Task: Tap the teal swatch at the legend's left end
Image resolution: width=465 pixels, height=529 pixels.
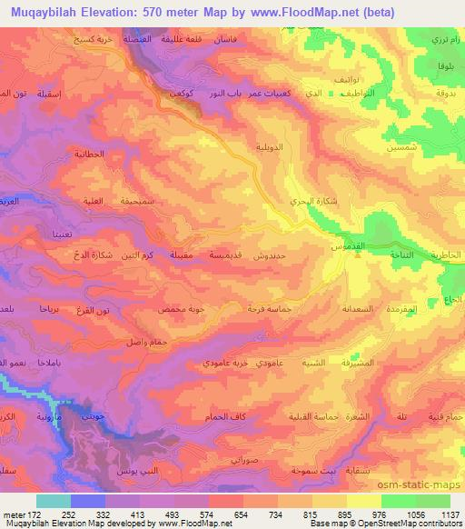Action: coord(54,501)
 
